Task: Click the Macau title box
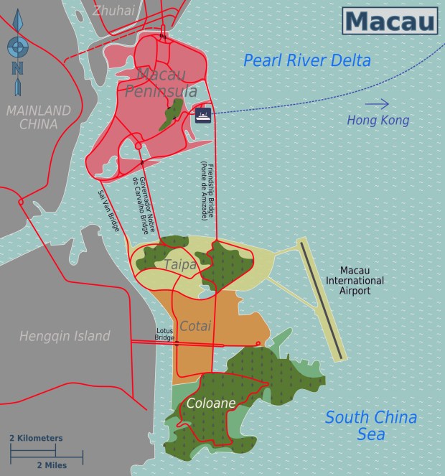pos(390,20)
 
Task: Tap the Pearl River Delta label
pos(306,60)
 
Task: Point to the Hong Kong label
pos(378,121)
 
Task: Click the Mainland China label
pos(39,117)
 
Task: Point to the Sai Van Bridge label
pos(108,210)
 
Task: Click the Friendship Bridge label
pos(206,190)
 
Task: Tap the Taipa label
pos(179,264)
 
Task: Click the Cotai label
pos(195,326)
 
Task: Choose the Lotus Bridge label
pos(165,334)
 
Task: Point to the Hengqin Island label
pos(65,335)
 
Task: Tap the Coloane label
pos(210,403)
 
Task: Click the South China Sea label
pos(370,426)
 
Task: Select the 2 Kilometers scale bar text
pos(36,438)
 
